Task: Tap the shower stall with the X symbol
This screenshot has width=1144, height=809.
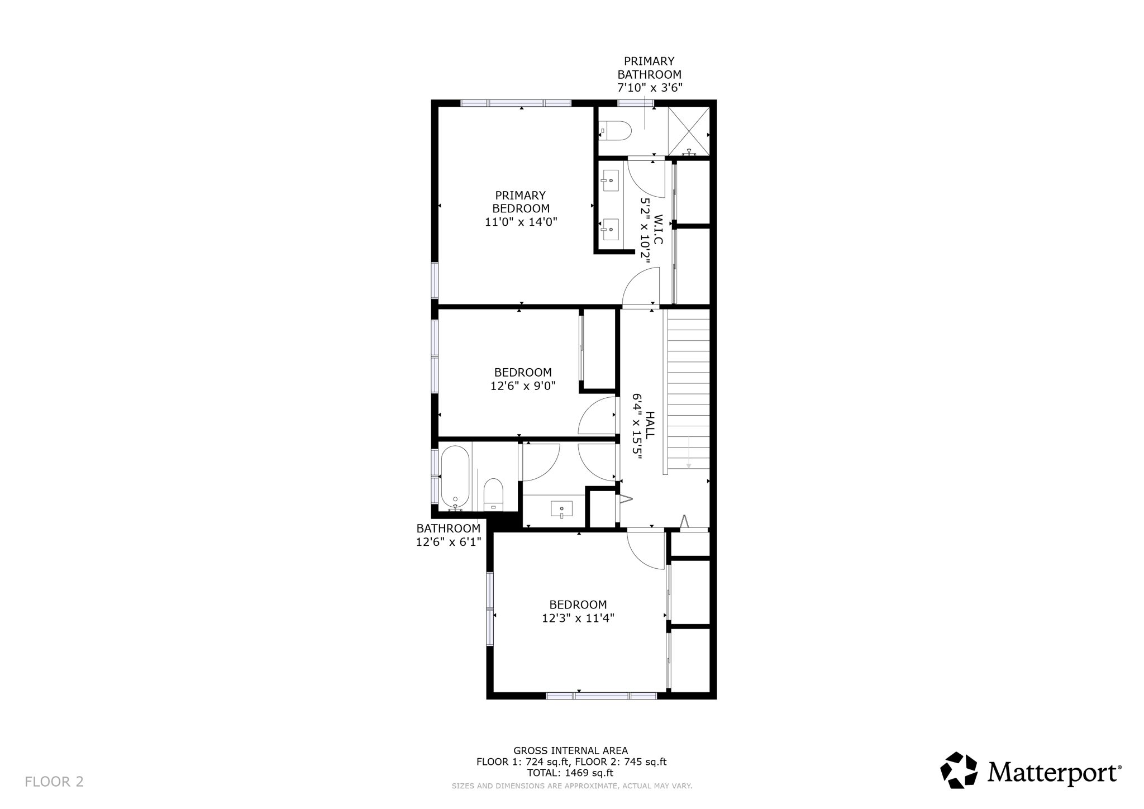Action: point(689,131)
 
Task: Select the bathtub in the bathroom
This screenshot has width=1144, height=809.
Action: point(455,476)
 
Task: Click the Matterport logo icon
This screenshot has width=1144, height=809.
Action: point(959,770)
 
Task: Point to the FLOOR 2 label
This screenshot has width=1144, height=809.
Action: point(54,781)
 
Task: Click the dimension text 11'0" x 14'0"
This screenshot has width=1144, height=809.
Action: point(521,222)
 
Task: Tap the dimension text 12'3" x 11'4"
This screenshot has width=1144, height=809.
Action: point(578,618)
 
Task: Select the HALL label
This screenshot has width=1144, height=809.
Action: point(650,425)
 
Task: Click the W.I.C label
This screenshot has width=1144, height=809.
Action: point(657,229)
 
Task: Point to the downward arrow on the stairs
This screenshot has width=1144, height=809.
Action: point(688,453)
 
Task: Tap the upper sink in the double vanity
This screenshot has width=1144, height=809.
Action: point(610,180)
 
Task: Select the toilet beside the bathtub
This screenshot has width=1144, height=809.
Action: point(493,494)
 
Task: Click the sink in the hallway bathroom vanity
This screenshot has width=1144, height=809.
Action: point(561,508)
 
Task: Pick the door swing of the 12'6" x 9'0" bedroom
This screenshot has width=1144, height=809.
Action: point(597,416)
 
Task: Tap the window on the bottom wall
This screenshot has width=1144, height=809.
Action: point(601,696)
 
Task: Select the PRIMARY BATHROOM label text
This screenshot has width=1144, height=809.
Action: point(649,68)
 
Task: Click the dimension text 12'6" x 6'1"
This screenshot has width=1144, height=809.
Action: point(448,541)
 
